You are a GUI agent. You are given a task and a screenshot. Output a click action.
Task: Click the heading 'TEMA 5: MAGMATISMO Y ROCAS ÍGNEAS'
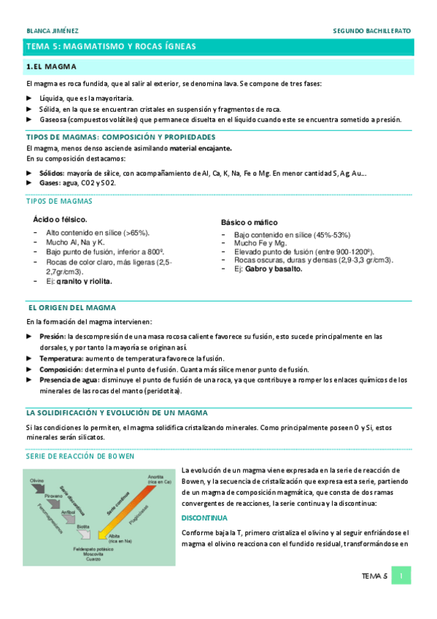[111, 46]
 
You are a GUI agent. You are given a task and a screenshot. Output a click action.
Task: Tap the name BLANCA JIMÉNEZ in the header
[53, 31]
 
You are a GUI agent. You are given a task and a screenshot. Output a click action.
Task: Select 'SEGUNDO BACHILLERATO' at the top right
[371, 31]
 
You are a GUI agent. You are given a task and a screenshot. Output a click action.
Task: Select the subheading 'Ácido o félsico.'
[61, 219]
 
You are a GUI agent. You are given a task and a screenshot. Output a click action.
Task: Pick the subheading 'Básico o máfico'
[249, 222]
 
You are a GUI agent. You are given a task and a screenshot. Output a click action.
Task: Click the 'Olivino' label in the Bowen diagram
[38, 481]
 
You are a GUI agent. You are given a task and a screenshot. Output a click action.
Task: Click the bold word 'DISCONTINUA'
[204, 518]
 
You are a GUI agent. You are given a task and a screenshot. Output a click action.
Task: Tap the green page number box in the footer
[401, 576]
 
